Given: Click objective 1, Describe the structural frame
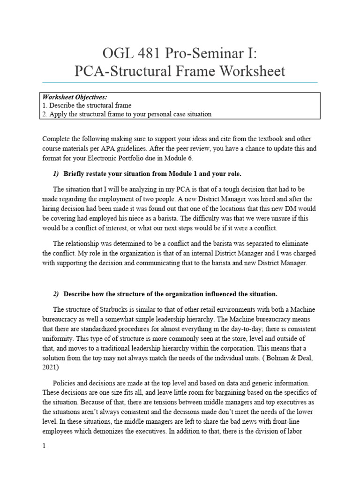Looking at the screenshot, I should coord(87,105).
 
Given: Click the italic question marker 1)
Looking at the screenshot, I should coord(56,174).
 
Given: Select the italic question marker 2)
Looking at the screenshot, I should coord(56,294).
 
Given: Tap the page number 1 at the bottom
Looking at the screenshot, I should coord(44,446).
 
